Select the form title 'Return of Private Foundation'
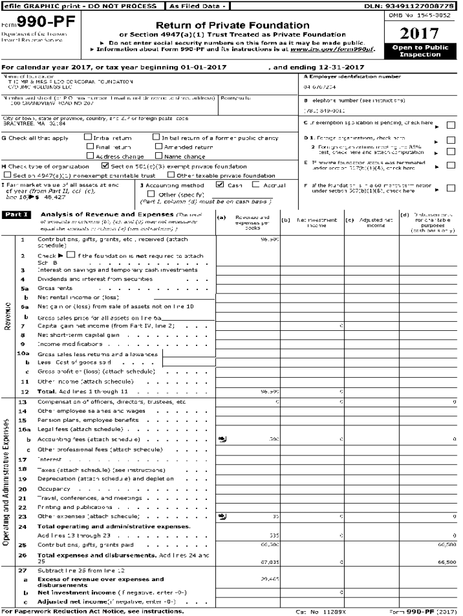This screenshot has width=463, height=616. click(x=233, y=25)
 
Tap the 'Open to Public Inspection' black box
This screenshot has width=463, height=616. click(x=420, y=51)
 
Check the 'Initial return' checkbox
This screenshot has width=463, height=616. click(x=88, y=138)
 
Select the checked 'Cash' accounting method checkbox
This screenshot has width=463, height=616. click(x=220, y=185)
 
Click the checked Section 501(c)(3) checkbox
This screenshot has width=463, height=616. click(x=105, y=166)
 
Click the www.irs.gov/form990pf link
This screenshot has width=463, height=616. click(x=341, y=49)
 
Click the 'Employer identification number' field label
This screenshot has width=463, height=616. click(x=355, y=77)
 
